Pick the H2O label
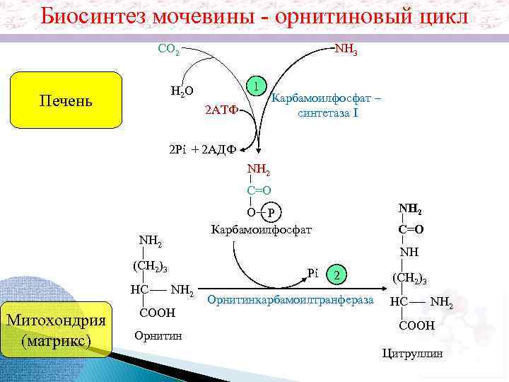182,91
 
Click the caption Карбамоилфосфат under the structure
261,230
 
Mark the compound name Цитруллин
412,352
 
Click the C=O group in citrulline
411,228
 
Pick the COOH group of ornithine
157,312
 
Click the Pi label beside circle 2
315,272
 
